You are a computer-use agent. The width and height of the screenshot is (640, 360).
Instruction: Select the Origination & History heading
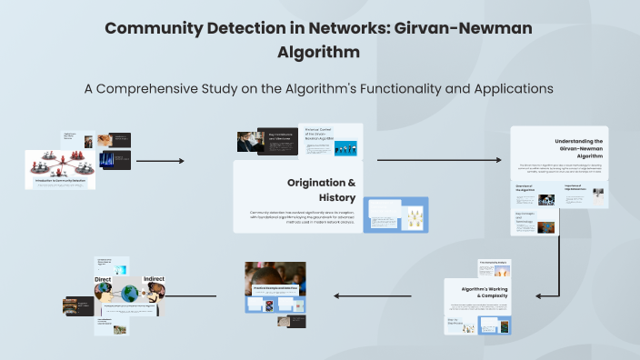(x=320, y=189)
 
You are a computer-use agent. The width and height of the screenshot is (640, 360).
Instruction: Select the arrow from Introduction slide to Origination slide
(x=160, y=161)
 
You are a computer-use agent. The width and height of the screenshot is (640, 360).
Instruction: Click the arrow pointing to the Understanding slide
(x=438, y=161)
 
